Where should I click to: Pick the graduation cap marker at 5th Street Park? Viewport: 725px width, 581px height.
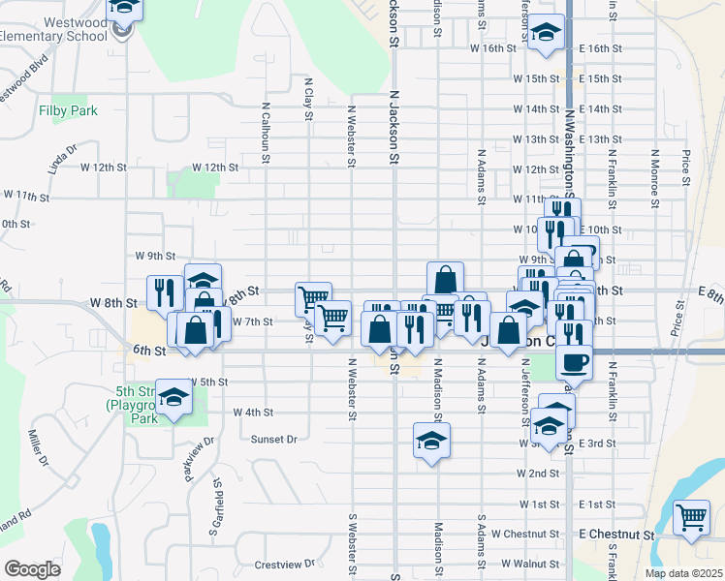[174, 398]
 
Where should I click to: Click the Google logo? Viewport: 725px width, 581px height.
[32, 569]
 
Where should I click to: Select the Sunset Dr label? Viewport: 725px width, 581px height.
[274, 439]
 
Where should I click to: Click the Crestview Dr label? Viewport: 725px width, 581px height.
[285, 564]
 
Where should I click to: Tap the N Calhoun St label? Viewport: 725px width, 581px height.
[265, 134]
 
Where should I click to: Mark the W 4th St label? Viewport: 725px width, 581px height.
[253, 412]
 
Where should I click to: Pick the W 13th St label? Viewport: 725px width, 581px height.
[536, 139]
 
